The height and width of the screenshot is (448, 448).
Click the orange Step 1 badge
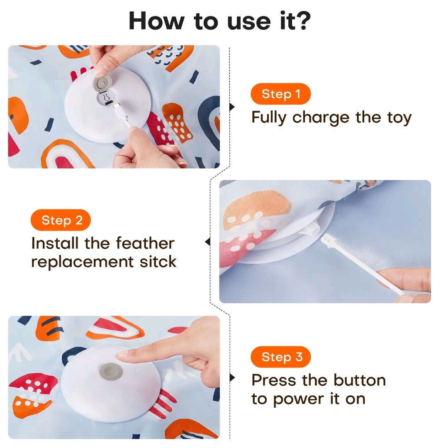[280, 94]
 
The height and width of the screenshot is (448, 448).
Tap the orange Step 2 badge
[61, 220]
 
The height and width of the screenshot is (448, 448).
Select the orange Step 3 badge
[280, 357]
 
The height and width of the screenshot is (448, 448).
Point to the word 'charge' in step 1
[321, 118]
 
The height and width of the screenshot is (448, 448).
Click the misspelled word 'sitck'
[158, 262]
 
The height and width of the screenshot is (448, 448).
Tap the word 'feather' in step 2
[145, 243]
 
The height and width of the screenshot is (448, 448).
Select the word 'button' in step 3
[360, 380]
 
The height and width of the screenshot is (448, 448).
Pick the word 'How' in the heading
[157, 21]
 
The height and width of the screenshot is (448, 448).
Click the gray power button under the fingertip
[111, 372]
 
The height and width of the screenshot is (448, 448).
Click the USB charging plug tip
[116, 106]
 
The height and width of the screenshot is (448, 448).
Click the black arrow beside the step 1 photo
[232, 107]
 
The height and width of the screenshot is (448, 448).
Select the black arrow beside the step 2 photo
[208, 242]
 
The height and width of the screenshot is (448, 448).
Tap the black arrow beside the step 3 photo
[232, 378]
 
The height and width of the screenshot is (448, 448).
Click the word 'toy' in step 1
[399, 118]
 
